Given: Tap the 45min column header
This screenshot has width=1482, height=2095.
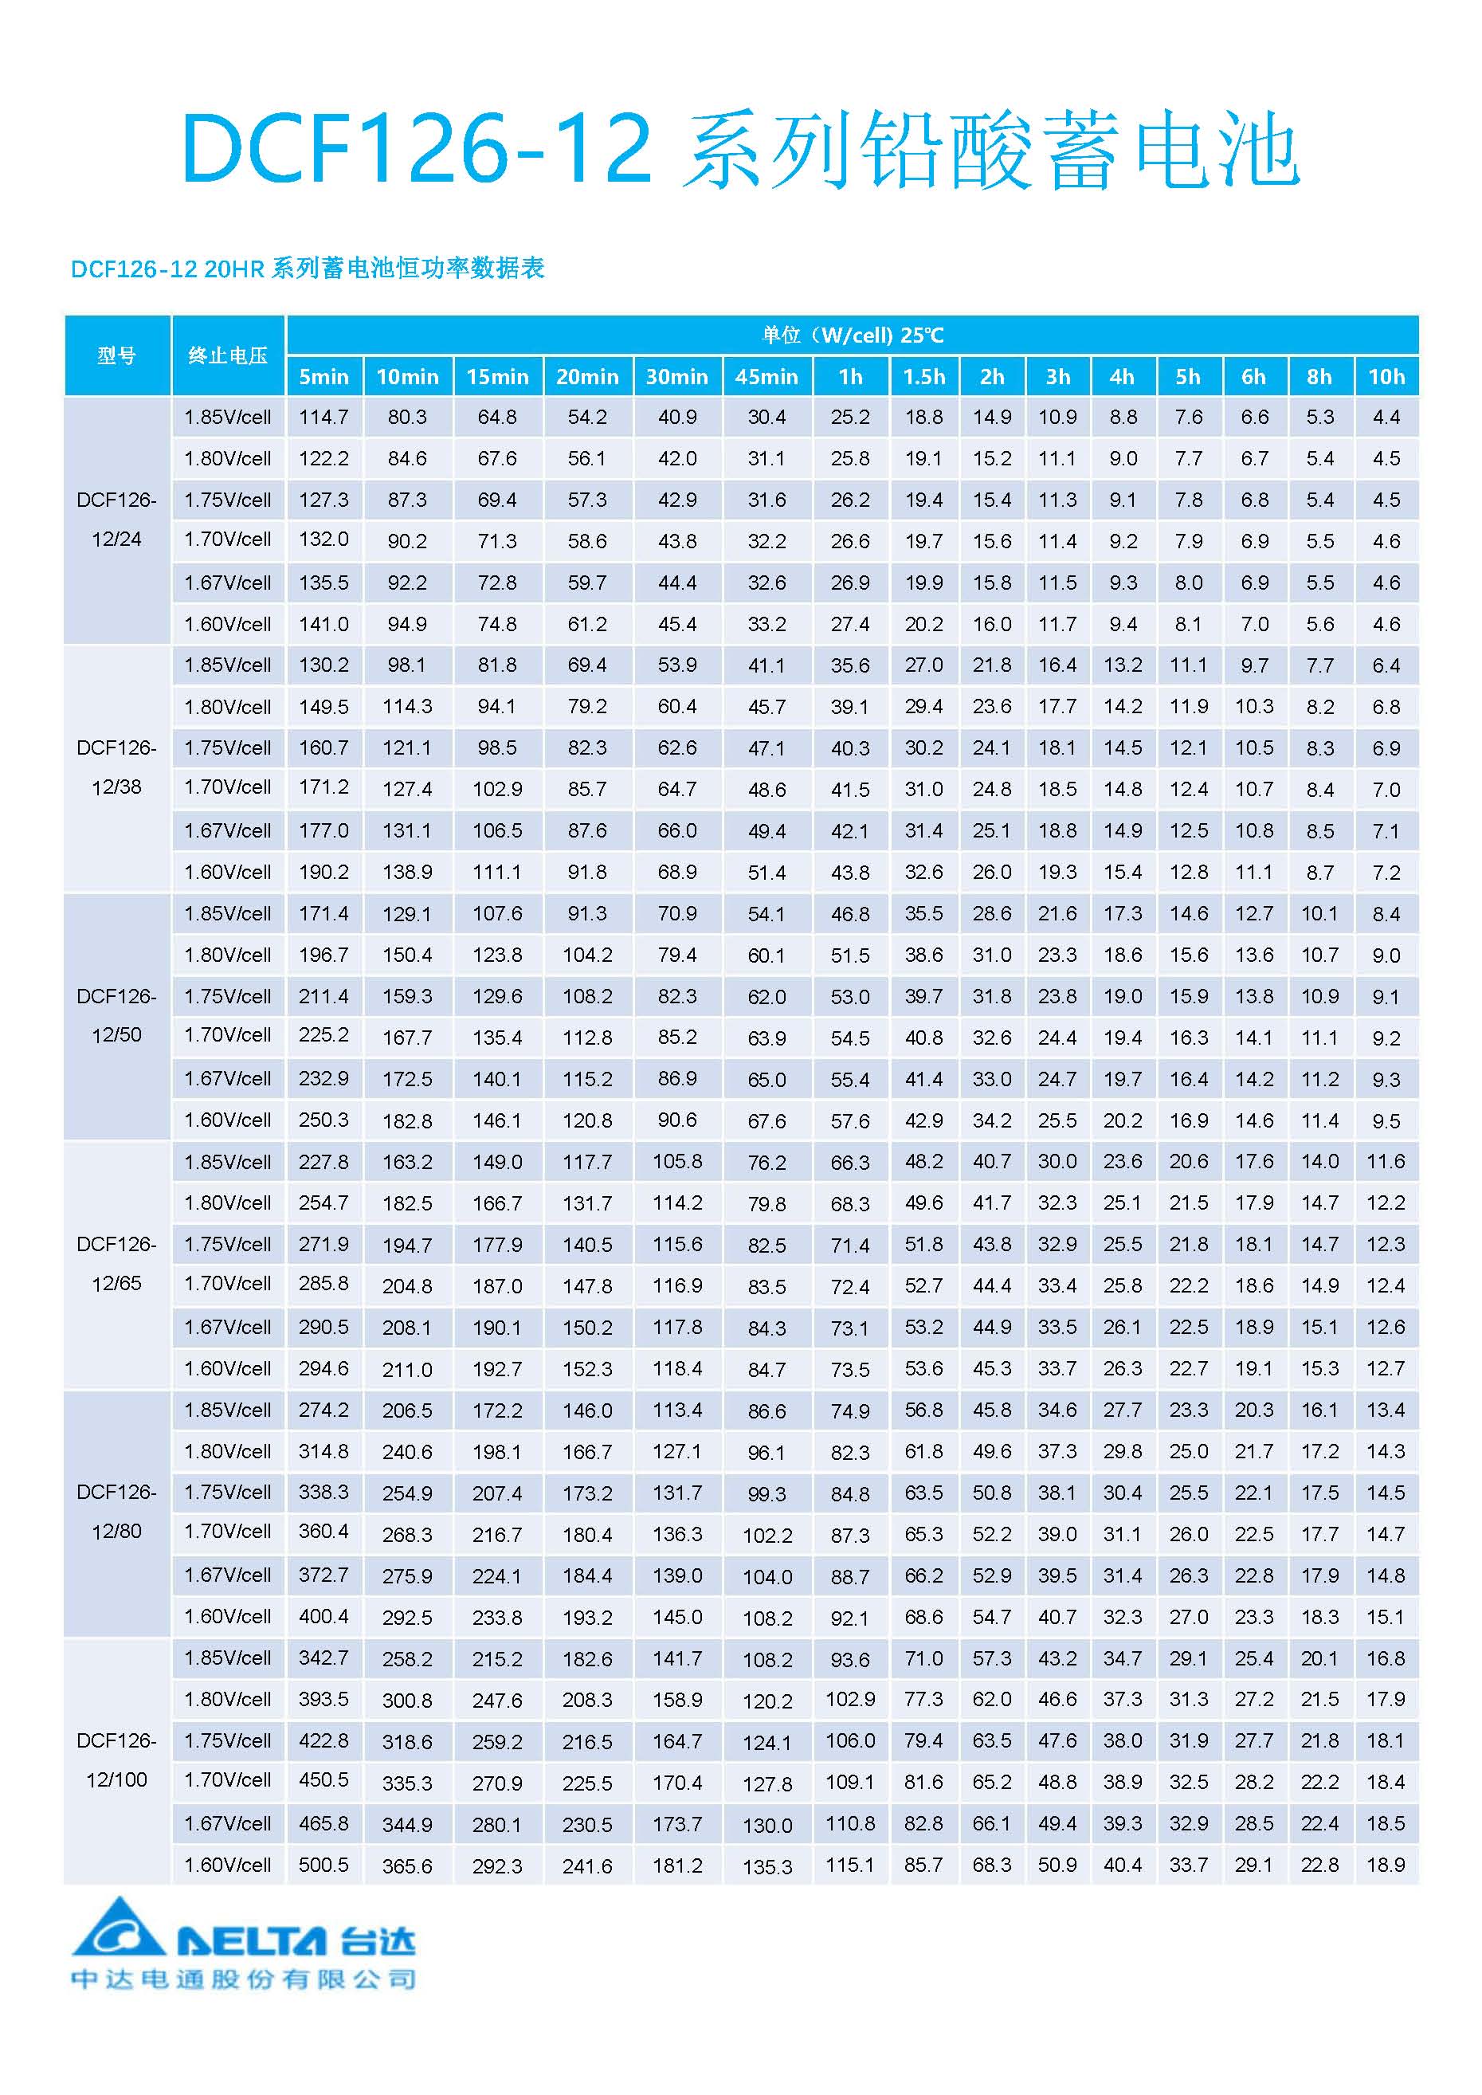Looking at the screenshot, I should [x=766, y=376].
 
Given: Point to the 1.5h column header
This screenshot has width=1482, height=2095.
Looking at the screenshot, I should [x=923, y=376].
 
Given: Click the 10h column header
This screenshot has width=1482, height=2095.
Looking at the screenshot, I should [x=1386, y=376].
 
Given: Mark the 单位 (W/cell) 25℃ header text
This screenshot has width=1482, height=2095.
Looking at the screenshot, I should [x=853, y=335].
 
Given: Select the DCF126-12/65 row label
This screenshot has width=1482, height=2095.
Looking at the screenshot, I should [x=117, y=1264].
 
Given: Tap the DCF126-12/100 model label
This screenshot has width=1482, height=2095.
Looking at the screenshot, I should [x=117, y=1760].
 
